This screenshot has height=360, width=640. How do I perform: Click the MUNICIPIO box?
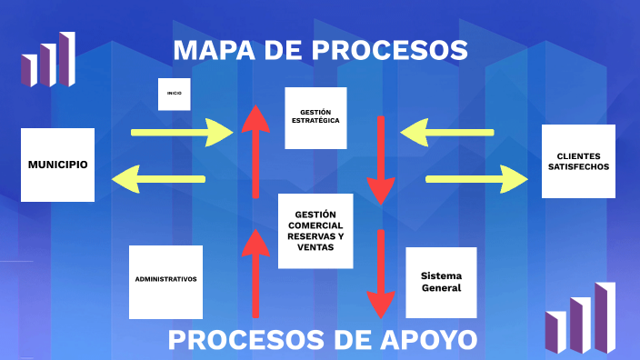[x=57, y=165]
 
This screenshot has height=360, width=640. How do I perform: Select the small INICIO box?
[x=174, y=94]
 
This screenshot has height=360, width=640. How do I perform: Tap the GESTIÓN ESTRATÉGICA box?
[x=315, y=117]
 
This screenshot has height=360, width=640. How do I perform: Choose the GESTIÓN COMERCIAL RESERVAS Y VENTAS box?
[x=315, y=231]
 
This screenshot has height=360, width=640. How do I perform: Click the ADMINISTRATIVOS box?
[x=165, y=281]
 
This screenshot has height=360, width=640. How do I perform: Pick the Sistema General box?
[x=441, y=282]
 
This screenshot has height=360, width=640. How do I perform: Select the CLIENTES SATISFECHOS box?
[x=578, y=161]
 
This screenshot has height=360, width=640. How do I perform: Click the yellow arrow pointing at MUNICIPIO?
[x=158, y=178]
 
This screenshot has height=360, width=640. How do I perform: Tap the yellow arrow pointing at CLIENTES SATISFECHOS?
[x=476, y=178]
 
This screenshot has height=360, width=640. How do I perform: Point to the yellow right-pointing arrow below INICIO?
[x=182, y=133]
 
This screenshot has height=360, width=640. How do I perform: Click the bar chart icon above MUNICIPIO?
[x=48, y=59]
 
